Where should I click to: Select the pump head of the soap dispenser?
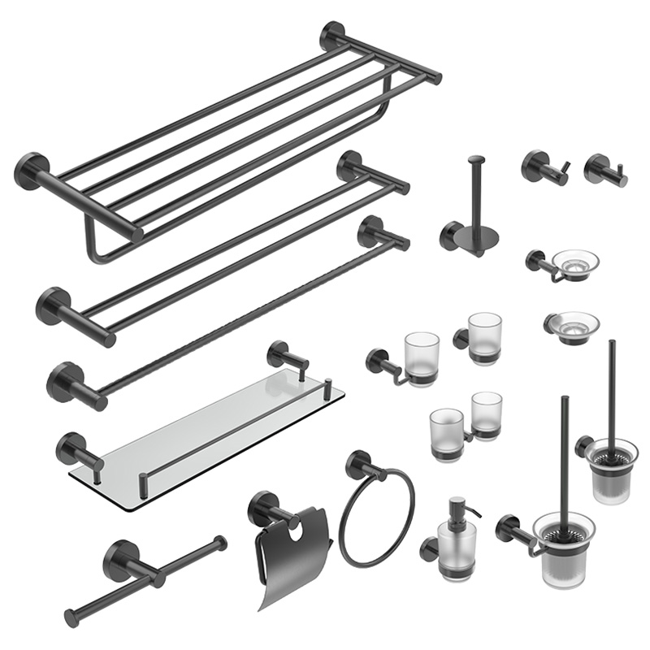click(x=457, y=508)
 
